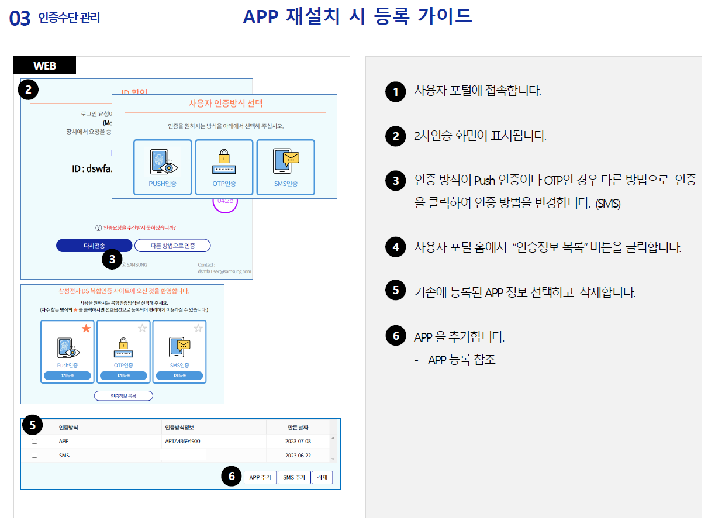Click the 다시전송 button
pos(94,246)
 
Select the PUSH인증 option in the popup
pos(163,167)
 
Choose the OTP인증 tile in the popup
pos(224,167)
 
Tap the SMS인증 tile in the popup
pos(285,167)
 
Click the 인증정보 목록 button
pos(123,396)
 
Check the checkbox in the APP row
pos(34,442)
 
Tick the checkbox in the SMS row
pos(34,455)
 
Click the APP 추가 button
pos(260,477)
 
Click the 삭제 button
pos(322,477)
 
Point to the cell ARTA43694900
pos(183,442)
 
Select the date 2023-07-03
pos(298,442)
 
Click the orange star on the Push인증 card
pos(87,329)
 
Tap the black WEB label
pos(45,65)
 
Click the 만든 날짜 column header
pos(298,428)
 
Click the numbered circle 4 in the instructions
pos(396,247)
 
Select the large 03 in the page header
pos(20,19)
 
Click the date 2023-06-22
pos(298,455)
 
